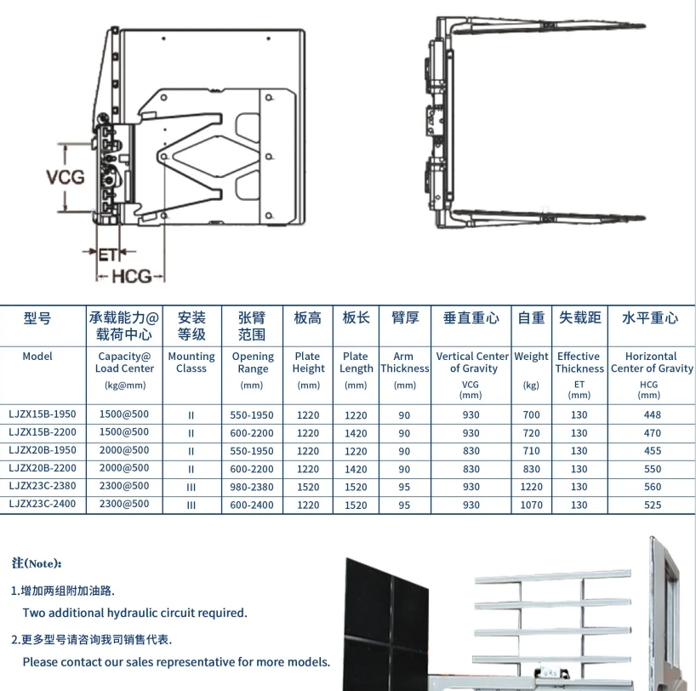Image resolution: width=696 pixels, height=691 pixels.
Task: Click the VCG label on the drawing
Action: [65, 178]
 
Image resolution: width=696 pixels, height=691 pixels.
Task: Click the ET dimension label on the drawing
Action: [107, 254]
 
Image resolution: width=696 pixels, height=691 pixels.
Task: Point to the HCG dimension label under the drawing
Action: [131, 276]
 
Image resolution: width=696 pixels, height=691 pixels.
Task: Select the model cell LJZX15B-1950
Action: [43, 415]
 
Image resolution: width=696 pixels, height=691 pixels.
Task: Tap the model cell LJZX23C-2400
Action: [43, 505]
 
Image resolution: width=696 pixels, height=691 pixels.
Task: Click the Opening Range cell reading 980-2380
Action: [253, 487]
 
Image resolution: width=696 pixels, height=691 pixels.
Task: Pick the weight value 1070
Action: [532, 505]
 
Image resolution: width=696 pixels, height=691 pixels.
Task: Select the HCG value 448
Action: [651, 415]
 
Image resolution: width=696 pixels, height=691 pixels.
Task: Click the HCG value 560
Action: [651, 487]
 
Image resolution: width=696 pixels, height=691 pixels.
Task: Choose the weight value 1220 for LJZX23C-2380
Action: [532, 487]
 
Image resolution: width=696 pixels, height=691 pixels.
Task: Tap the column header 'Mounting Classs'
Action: [191, 363]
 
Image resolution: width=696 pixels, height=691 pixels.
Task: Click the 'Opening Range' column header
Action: [253, 363]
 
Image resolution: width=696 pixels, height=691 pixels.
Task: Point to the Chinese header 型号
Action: [37, 318]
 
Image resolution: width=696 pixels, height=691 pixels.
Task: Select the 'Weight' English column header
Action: [532, 357]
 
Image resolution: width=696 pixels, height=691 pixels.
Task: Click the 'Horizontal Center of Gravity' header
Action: [651, 363]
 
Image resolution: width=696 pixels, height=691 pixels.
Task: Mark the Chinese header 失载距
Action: [579, 317]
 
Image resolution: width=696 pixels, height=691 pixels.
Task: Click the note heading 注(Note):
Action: [37, 563]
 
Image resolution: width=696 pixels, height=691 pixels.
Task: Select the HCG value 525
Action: [651, 505]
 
